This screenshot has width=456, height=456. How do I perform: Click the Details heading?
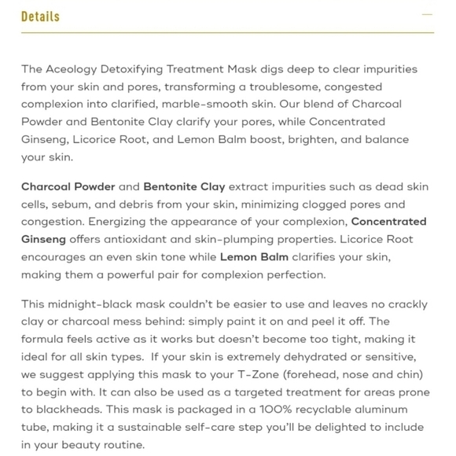pos(40,17)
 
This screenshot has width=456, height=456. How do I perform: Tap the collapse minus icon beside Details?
pos(428,15)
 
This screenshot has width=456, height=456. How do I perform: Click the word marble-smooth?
pos(222,105)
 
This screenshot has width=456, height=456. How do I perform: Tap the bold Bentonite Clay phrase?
pos(184,187)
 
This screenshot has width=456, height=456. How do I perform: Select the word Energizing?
pos(119,222)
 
